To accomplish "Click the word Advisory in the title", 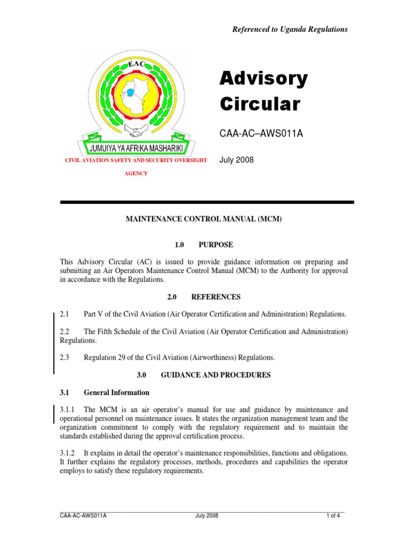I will [x=263, y=80].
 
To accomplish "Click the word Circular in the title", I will [x=259, y=104].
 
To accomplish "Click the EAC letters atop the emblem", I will [x=137, y=64].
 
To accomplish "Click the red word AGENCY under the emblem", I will [x=135, y=173].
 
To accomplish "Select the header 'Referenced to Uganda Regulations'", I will [x=290, y=30].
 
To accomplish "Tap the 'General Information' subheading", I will [x=116, y=393].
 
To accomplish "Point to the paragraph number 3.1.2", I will [x=68, y=453].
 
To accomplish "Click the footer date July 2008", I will [x=207, y=516].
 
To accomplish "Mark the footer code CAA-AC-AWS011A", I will [x=83, y=516].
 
